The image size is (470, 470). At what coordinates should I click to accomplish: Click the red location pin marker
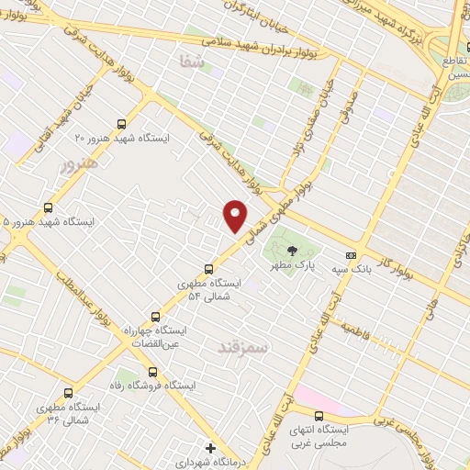click(x=236, y=216)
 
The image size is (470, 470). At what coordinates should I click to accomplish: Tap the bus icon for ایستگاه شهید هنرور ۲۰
click(x=121, y=123)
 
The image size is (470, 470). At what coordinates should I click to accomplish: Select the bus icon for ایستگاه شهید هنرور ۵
click(x=49, y=207)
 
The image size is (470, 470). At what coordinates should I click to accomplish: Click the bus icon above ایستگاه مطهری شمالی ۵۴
click(x=209, y=269)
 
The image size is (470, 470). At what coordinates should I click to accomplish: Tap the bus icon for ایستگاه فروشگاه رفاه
click(x=152, y=373)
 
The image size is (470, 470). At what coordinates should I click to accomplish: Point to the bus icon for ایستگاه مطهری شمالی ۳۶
click(x=67, y=392)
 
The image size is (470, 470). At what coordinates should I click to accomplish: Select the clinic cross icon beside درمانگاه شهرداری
click(x=211, y=448)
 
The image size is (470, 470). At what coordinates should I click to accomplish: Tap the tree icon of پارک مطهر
click(x=292, y=250)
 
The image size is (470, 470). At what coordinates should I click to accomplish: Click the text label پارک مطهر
click(x=286, y=265)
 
